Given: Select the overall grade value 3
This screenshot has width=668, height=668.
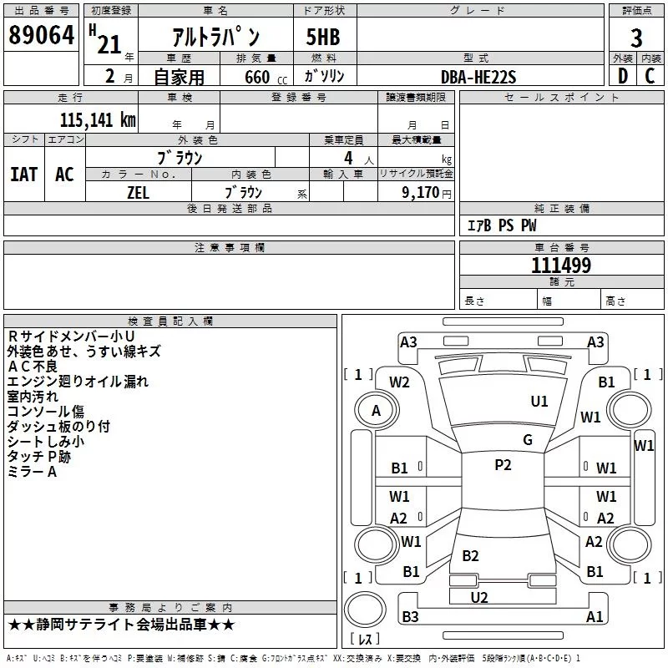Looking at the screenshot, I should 636,38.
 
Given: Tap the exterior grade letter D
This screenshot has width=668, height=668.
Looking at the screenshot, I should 622,75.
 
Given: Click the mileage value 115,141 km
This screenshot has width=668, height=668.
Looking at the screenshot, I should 98,119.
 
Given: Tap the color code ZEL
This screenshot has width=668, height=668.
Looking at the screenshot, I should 138,191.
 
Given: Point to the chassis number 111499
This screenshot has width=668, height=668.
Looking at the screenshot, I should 561,266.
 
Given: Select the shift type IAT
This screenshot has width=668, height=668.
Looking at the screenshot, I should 24,174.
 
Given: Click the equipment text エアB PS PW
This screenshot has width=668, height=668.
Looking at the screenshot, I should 501,225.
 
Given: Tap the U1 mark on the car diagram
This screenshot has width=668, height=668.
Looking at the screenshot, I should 539,401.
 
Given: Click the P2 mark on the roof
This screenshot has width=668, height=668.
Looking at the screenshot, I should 503,465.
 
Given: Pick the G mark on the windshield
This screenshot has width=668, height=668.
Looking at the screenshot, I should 528,439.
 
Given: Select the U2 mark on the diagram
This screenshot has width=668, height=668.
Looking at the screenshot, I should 479,597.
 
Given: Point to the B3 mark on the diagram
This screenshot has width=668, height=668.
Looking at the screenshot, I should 410,616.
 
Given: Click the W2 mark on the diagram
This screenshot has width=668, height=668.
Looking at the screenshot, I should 399,382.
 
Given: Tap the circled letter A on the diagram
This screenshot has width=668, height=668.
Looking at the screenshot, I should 376,410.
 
